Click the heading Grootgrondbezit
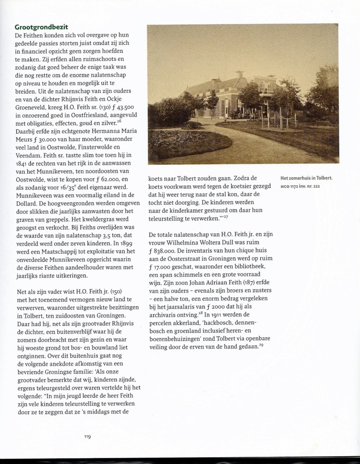[42, 27]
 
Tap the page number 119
[88, 437]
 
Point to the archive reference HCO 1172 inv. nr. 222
[303, 186]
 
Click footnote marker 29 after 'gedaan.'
[262, 346]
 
